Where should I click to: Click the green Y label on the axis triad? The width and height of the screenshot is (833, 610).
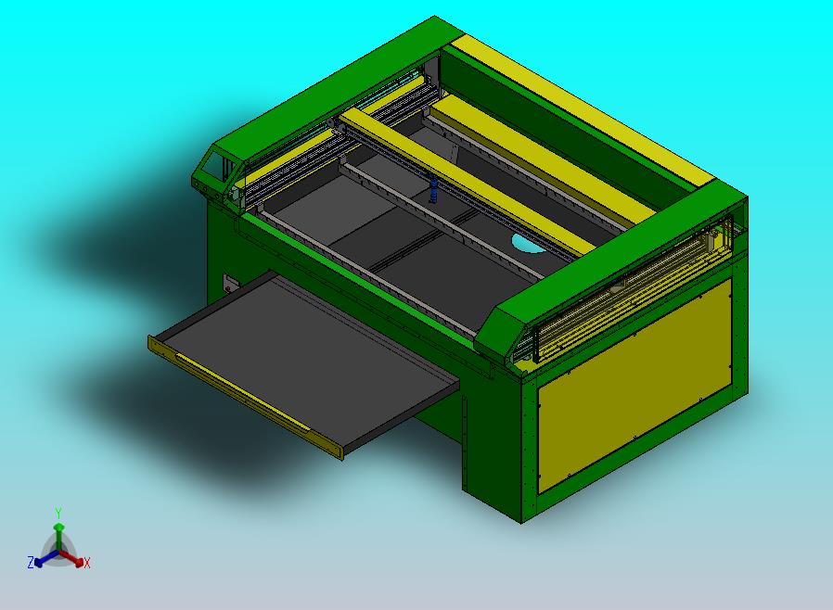pyautogui.click(x=58, y=513)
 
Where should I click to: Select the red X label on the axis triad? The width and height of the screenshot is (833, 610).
pyautogui.click(x=87, y=563)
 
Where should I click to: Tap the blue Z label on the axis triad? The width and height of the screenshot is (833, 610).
pyautogui.click(x=30, y=562)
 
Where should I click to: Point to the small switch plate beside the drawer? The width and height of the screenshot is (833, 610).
pyautogui.click(x=231, y=281)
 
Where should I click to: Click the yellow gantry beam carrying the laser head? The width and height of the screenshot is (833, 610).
pyautogui.click(x=464, y=181)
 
